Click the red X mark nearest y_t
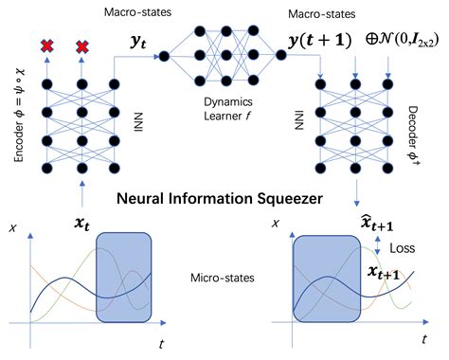82,45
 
